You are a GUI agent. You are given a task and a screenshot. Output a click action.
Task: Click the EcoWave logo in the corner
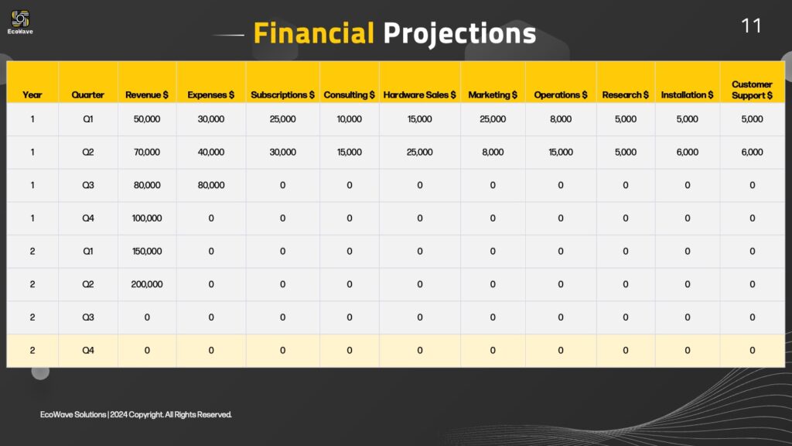(20, 22)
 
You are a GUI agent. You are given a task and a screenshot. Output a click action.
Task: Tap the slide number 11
(751, 26)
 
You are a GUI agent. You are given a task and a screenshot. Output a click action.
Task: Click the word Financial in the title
(314, 33)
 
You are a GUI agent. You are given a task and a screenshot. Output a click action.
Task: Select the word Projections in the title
(459, 34)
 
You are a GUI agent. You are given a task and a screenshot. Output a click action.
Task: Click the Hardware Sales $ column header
(419, 94)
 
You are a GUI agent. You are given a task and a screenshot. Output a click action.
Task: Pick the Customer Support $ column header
(752, 90)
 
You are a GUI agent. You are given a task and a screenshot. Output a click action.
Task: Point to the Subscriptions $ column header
(282, 94)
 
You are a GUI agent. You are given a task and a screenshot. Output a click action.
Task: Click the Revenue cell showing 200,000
(147, 284)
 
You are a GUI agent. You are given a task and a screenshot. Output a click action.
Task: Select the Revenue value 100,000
(147, 218)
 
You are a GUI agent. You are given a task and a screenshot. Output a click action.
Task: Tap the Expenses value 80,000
(211, 185)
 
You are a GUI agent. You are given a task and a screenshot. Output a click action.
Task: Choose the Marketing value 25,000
(493, 118)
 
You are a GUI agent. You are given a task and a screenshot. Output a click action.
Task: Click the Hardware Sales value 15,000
(419, 118)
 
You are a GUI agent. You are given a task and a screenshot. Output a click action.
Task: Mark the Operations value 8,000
(561, 118)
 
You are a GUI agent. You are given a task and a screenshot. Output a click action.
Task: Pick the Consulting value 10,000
(349, 118)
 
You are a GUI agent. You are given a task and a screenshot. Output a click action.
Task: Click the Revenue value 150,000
(147, 251)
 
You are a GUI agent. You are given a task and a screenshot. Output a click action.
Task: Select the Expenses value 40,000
(211, 152)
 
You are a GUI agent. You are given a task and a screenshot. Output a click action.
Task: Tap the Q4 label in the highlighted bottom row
(88, 350)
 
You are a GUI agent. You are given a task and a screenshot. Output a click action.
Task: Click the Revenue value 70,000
(147, 152)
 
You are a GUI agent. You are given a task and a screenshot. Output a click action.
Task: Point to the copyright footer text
(136, 415)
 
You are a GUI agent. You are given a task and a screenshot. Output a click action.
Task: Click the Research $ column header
(625, 94)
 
